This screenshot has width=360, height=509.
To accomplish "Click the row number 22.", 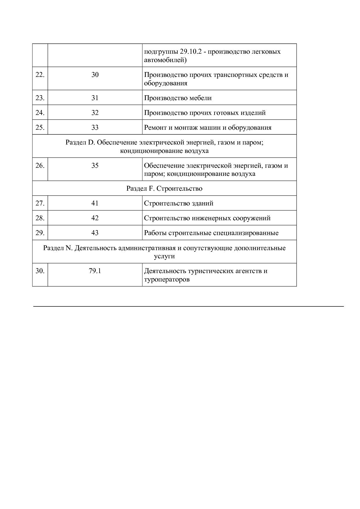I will point(40,75).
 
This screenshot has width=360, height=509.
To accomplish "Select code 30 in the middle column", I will point(95,75).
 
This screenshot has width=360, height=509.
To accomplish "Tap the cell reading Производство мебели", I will point(178,98).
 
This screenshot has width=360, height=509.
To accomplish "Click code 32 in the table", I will point(95,113).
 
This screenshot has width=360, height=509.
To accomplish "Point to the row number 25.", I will point(40,128).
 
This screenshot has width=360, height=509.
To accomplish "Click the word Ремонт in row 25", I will point(154,128).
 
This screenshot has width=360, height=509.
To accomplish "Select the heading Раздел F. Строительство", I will point(164,189).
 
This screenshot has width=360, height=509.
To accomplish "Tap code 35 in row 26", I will point(95,166).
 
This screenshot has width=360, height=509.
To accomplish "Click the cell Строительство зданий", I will point(179,203).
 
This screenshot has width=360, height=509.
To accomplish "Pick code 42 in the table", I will point(95,218).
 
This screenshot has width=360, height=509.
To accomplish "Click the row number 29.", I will point(40,233).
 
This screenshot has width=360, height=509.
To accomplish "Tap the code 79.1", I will point(95,271).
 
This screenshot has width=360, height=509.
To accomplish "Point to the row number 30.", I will point(40,271).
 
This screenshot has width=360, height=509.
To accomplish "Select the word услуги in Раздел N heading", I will point(164,257).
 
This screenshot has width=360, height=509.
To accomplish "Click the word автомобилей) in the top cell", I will point(165,60).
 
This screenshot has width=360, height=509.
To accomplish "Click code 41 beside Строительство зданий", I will point(95,203).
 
